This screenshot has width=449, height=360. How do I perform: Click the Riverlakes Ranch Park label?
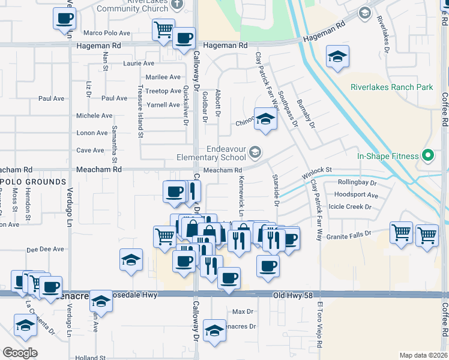(x=392, y=87)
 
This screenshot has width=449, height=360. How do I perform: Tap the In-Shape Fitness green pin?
(x=427, y=157)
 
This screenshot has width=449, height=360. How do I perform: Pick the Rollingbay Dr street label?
(x=357, y=182)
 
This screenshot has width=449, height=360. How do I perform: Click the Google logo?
(x=20, y=353)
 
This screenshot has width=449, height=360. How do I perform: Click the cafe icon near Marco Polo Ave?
(x=64, y=17)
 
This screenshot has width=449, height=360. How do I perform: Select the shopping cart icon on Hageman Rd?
(x=163, y=29)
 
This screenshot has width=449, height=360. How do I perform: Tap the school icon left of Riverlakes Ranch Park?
(x=338, y=56)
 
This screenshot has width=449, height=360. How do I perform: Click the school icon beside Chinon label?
(x=264, y=118)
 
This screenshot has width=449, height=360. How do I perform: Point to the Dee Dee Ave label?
(x=41, y=248)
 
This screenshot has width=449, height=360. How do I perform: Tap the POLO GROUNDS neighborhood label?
(x=33, y=181)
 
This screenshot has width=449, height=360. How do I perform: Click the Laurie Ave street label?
(x=139, y=63)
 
